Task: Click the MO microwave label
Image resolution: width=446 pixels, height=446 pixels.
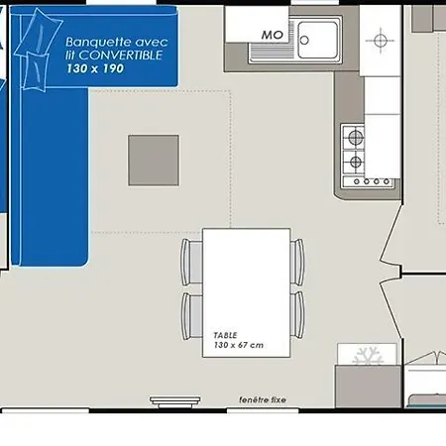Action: tap(273, 35)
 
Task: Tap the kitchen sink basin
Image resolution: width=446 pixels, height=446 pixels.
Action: tap(318, 40)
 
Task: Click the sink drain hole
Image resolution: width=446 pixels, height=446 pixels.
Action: tap(304, 41)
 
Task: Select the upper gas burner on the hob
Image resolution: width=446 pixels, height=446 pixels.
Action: tap(355, 137)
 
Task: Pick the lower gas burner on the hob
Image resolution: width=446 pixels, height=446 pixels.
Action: tap(356, 162)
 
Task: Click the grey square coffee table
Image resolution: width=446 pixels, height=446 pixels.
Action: tap(154, 161)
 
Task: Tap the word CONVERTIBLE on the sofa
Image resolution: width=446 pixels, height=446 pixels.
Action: tap(121, 56)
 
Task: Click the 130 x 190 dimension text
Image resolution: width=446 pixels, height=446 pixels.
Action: tap(95, 68)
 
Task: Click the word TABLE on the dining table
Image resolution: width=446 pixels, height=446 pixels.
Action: tap(225, 335)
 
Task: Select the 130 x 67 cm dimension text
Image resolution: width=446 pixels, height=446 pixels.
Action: tap(239, 345)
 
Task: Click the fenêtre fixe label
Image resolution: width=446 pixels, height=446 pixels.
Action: tap(263, 399)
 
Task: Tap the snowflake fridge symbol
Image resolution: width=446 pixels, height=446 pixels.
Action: tap(368, 356)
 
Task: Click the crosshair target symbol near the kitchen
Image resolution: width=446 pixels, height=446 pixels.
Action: tap(381, 41)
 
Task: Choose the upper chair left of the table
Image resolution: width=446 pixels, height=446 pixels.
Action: tap(191, 262)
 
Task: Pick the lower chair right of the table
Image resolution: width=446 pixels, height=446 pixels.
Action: tap(297, 315)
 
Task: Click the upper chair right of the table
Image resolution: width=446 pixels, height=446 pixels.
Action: tap(297, 263)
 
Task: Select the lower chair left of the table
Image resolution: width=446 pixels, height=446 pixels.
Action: tap(192, 316)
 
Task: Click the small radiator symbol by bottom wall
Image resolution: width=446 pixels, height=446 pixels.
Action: tap(175, 402)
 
